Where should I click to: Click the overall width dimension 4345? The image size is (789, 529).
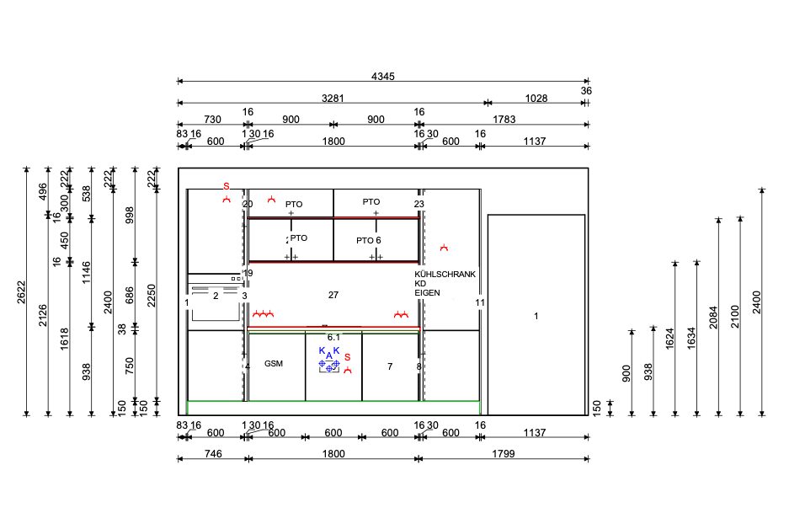tap(383, 77)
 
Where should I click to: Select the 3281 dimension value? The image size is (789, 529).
tap(333, 99)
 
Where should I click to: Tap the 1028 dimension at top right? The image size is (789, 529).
tap(536, 99)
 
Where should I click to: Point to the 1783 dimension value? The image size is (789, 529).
tap(504, 120)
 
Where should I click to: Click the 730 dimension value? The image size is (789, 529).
tap(212, 120)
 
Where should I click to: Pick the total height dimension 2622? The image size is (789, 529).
tap(21, 292)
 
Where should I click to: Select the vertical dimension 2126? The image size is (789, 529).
tap(43, 314)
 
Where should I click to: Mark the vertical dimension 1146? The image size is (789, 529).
tap(86, 272)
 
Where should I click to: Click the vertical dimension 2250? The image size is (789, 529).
tap(151, 296)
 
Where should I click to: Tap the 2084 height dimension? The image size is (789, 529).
tap(713, 317)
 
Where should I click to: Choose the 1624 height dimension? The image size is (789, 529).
tap(669, 339)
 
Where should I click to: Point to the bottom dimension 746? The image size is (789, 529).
tap(213, 454)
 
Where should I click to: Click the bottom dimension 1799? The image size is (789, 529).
tap(504, 454)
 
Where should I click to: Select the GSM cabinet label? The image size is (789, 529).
tap(274, 363)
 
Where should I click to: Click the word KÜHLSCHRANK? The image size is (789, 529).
tap(445, 275)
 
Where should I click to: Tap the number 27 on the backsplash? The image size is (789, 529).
tap(333, 295)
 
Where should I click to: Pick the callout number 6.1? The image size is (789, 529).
tap(333, 337)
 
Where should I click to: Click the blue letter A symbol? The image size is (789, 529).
tap(329, 355)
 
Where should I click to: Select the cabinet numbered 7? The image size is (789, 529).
tap(390, 366)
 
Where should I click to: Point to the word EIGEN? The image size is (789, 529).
tap(427, 292)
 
